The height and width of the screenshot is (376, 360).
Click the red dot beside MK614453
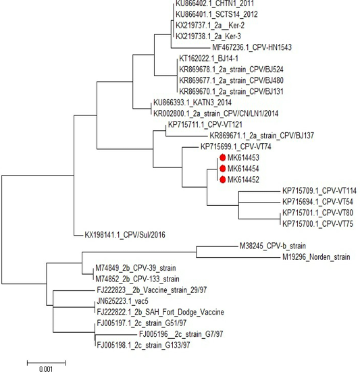click(x=222, y=157)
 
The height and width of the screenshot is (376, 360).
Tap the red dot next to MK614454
click(x=222, y=169)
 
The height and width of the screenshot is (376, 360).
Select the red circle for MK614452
click(x=222, y=180)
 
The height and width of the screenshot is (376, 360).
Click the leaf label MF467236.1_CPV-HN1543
click(x=252, y=47)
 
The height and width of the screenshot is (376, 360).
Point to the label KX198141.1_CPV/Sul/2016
click(x=125, y=234)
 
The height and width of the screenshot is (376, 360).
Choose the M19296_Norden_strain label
click(x=316, y=257)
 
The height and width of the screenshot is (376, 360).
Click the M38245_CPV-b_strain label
click(x=273, y=246)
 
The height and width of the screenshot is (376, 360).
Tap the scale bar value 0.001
click(x=46, y=369)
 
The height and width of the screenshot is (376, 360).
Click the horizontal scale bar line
click(x=46, y=363)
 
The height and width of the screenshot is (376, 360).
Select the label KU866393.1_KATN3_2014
click(x=192, y=103)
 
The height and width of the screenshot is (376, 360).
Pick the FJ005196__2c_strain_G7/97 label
click(x=181, y=334)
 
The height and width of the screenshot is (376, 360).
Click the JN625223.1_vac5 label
click(x=123, y=301)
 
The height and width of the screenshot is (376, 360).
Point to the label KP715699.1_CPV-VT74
click(x=236, y=146)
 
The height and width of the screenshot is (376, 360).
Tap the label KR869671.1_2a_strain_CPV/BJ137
click(x=262, y=136)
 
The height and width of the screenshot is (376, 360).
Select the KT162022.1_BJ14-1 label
click(x=209, y=58)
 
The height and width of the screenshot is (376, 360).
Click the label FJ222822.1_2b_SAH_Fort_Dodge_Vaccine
click(x=160, y=312)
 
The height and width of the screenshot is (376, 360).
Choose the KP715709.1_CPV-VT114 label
click(x=319, y=190)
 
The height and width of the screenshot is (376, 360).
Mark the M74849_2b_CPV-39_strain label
click(x=136, y=268)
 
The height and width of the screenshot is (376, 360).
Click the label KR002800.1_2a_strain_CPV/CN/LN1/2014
click(x=215, y=113)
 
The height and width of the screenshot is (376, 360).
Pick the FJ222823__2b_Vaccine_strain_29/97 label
click(x=152, y=290)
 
